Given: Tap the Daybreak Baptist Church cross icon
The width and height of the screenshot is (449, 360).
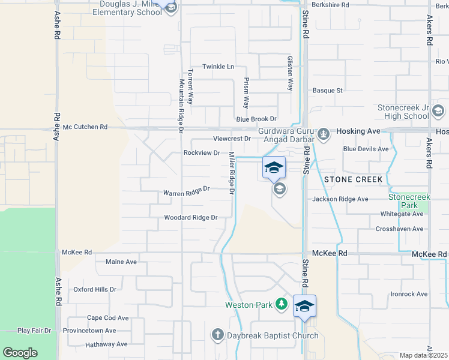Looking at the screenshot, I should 217,335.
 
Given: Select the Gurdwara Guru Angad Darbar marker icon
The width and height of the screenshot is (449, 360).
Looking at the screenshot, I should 324,133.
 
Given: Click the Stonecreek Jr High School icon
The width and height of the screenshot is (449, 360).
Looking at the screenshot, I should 438,111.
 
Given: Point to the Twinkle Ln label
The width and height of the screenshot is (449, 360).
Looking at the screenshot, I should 218,67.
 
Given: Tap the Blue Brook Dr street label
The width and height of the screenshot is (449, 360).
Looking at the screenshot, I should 256,119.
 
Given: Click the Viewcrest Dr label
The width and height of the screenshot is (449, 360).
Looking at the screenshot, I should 231,139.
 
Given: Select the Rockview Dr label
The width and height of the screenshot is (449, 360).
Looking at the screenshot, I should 201,153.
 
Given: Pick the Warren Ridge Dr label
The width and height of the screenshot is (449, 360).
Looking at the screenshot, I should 186,192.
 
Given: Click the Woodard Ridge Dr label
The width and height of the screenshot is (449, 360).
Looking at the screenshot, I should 190,218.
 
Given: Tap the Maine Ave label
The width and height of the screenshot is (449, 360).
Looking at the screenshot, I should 121,262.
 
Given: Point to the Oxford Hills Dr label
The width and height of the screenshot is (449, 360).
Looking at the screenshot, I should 95,289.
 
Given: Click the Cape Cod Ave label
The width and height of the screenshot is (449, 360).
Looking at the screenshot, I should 108,318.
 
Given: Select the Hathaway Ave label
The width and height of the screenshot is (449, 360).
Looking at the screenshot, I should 106,344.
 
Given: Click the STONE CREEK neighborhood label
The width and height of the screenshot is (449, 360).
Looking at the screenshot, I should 353,179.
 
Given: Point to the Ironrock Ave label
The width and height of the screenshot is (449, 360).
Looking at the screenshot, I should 409,294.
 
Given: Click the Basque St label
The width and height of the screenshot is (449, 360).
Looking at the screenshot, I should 327,91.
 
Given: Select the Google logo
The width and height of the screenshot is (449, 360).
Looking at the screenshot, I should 20,353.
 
